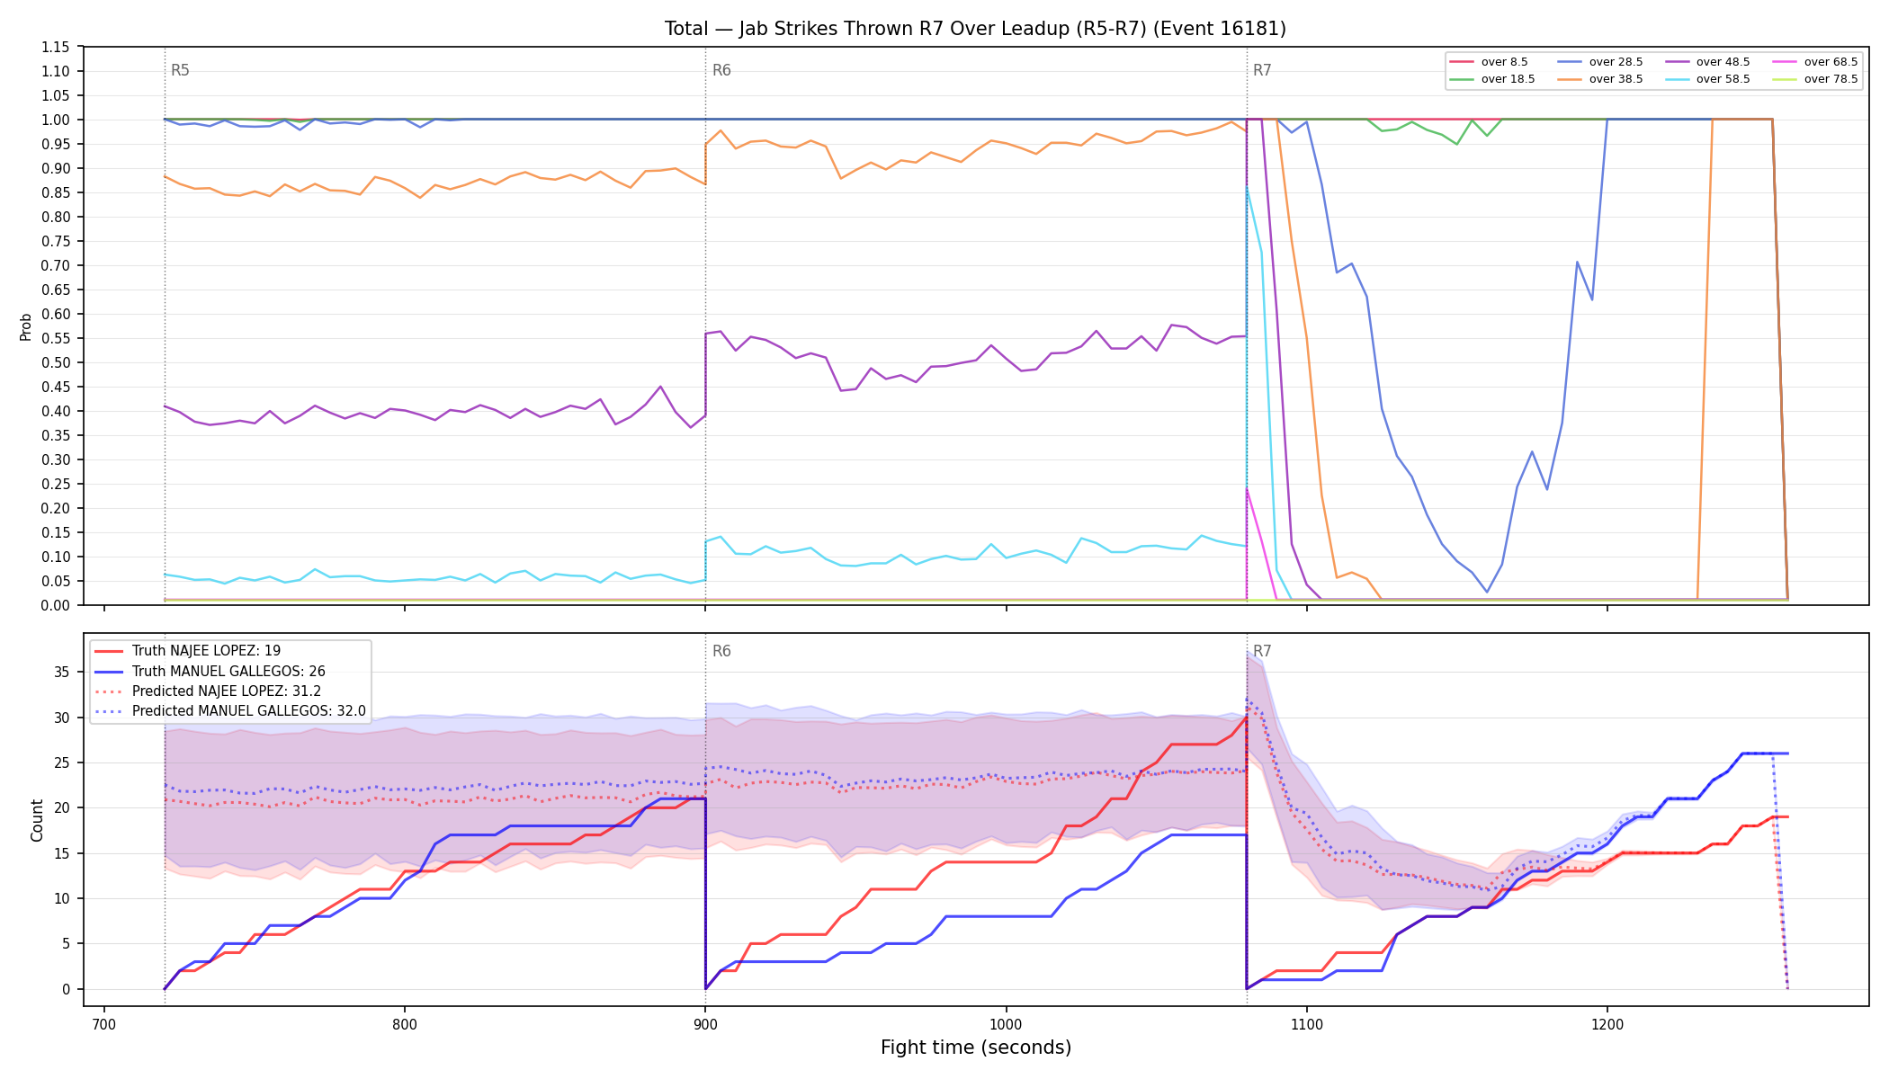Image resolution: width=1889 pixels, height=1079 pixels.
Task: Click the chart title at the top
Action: [x=975, y=29]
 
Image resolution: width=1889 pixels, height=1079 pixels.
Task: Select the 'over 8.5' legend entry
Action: [x=1489, y=62]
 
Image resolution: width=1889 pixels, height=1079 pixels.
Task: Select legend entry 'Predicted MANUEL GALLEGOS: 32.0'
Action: [x=229, y=711]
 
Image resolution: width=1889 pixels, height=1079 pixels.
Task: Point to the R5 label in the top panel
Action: [x=180, y=70]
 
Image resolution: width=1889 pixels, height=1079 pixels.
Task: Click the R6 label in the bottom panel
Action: [x=721, y=651]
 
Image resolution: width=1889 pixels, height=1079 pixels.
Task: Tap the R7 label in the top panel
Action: [x=1262, y=70]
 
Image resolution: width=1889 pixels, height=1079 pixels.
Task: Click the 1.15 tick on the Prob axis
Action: [x=56, y=47]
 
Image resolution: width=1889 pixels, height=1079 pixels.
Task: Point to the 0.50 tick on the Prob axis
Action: [x=56, y=362]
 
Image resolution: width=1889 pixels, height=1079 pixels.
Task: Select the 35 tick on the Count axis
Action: [x=61, y=672]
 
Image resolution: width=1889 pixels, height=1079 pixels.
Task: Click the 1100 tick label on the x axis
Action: [x=1306, y=1023]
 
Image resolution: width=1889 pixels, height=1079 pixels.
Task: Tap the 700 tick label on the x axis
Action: [x=104, y=1023]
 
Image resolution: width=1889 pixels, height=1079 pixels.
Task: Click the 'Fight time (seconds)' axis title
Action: [x=976, y=1048]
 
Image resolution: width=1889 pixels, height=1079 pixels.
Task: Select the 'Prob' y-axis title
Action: [x=26, y=326]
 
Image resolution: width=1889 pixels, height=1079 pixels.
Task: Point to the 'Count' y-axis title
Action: [x=37, y=820]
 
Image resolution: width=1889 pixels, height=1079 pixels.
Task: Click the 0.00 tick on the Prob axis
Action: [x=56, y=605]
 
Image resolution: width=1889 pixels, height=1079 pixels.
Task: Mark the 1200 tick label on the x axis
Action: [x=1607, y=1023]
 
